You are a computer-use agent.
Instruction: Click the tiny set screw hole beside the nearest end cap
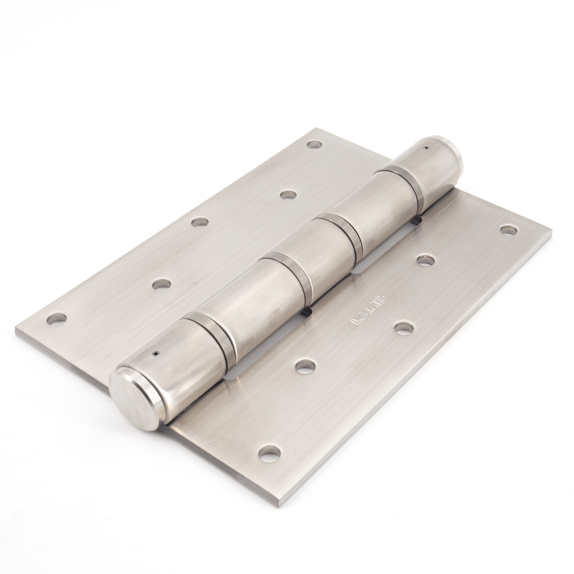click(155, 353)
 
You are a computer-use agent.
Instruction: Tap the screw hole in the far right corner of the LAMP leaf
click(509, 230)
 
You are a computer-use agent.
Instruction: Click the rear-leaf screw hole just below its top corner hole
click(289, 195)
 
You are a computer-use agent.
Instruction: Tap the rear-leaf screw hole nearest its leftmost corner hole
click(161, 284)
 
